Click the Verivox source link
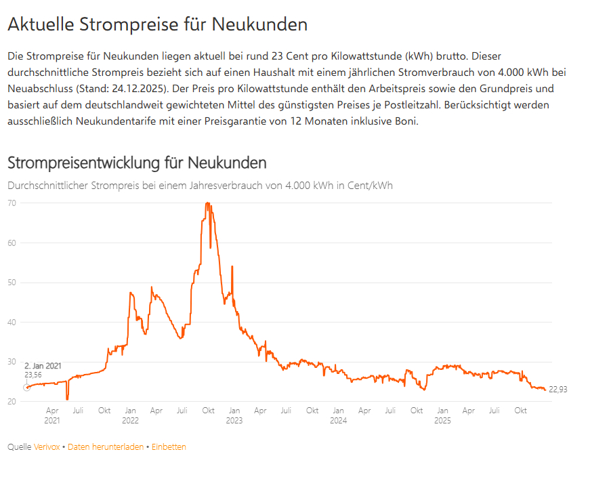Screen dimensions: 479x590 coord(47,447)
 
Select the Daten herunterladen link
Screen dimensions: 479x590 coord(105,447)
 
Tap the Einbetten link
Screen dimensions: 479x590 coord(169,447)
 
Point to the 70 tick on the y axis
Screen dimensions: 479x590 coord(12,203)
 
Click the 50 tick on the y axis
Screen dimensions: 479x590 coord(12,283)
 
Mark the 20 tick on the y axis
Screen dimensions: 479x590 coord(12,402)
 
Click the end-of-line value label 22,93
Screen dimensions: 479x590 coord(557,390)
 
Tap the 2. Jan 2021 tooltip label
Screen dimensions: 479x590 coord(43,366)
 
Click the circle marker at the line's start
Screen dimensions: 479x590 coord(26,388)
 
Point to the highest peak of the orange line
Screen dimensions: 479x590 coord(207,203)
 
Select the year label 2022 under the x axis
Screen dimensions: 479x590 coord(130,421)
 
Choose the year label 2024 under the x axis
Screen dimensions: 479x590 coord(338,421)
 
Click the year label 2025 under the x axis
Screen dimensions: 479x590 coord(442,421)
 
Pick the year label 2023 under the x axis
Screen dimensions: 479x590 coord(234,421)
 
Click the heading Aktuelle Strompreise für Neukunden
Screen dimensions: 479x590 coord(157,25)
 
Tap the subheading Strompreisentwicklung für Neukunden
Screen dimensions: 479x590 coord(136,163)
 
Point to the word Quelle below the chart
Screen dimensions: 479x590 coord(19,447)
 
